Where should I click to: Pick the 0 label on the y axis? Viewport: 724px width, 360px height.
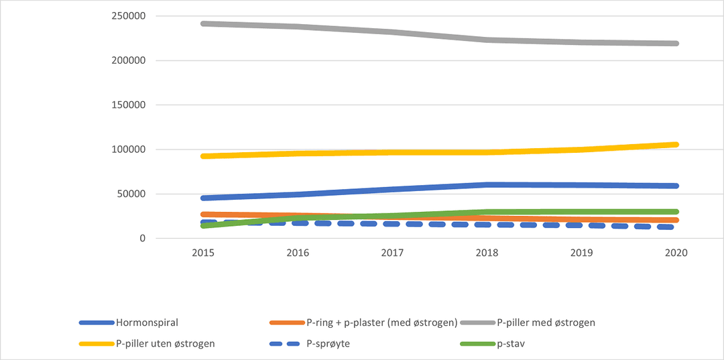click(142, 239)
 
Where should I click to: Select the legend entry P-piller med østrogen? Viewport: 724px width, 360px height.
click(546, 322)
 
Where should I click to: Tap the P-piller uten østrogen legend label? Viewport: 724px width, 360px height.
click(165, 344)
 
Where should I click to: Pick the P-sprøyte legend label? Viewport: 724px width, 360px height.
click(329, 344)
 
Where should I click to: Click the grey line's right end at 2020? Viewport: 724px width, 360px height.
click(676, 44)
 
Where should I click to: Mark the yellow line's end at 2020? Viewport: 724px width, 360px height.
click(676, 144)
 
